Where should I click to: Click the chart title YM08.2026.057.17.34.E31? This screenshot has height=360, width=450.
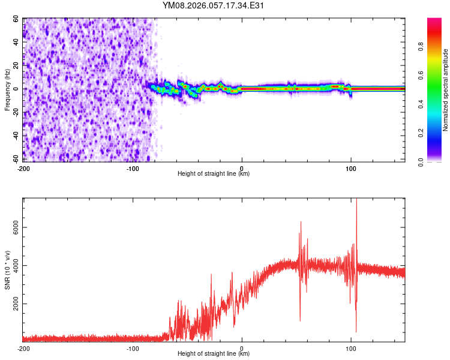214,5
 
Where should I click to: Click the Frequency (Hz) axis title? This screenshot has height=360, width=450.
7,90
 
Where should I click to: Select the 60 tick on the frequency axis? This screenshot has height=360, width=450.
17,19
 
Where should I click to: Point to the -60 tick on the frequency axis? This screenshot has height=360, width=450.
16,159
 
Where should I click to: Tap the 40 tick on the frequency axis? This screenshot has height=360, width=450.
17,43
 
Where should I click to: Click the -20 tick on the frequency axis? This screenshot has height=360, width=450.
16,112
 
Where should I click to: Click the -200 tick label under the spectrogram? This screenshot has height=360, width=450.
23,168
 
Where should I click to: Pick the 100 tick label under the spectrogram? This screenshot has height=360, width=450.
351,168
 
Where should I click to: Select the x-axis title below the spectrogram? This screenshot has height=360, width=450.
214,174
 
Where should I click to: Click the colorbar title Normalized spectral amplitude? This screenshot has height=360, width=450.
446,89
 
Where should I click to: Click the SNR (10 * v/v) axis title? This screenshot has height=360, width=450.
7,270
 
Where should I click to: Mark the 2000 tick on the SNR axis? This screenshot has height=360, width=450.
13,304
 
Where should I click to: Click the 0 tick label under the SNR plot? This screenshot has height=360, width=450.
242,348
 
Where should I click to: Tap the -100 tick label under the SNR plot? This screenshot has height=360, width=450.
133,348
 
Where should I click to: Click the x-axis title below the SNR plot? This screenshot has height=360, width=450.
214,354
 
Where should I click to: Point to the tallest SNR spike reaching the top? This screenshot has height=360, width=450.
356,202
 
